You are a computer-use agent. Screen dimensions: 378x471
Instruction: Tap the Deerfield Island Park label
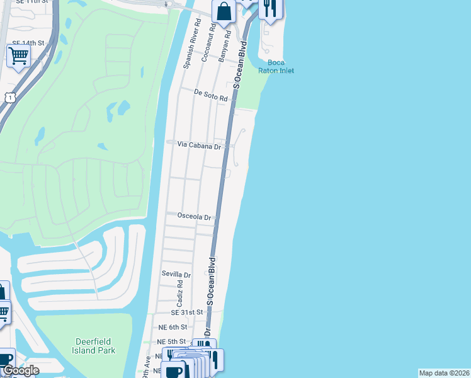click(x=92, y=346)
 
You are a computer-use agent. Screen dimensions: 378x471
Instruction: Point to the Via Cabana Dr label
click(x=199, y=145)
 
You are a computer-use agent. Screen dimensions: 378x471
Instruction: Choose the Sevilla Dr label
click(x=176, y=274)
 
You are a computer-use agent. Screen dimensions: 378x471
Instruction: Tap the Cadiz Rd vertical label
click(x=180, y=294)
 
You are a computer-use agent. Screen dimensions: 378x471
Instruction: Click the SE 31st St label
click(x=187, y=312)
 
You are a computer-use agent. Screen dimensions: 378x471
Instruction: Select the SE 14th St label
click(x=28, y=43)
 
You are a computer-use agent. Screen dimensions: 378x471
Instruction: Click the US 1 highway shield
click(x=10, y=96)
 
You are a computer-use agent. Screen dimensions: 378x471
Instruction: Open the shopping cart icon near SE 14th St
click(x=19, y=55)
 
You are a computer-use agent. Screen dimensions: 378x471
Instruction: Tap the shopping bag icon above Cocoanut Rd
click(x=224, y=11)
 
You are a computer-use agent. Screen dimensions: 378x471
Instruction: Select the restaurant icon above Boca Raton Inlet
click(x=271, y=8)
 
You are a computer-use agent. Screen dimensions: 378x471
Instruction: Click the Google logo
click(x=20, y=370)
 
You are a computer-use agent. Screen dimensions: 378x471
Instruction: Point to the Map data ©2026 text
click(x=444, y=373)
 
